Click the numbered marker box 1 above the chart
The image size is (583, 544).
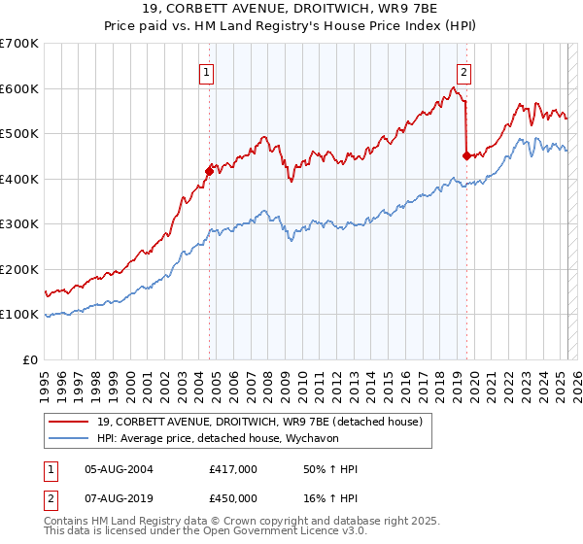tap(208, 71)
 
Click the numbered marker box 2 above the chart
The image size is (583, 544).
tap(464, 71)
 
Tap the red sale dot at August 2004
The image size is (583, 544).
tap(209, 171)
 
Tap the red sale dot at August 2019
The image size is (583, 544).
tap(466, 155)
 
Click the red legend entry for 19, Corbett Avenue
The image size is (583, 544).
tap(258, 423)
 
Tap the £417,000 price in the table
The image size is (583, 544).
tap(233, 470)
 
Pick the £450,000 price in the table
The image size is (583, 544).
tap(233, 497)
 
